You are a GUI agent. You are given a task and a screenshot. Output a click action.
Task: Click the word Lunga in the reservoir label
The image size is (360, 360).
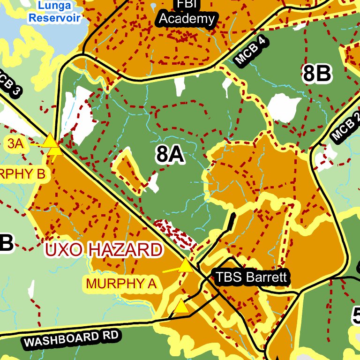(55, 6)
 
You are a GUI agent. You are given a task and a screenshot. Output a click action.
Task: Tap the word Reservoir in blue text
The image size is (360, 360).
(54, 18)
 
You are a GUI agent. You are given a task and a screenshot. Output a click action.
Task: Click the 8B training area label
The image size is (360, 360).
(317, 74)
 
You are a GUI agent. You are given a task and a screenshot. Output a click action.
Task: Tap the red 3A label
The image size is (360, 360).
(15, 143)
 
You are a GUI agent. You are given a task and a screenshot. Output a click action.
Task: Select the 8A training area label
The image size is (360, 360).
(170, 154)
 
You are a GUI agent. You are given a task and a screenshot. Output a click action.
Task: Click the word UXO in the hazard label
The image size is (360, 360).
(64, 250)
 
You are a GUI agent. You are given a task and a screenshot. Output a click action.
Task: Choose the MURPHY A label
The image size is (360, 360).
(121, 283)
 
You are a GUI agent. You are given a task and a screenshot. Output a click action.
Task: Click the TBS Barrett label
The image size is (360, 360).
(251, 277)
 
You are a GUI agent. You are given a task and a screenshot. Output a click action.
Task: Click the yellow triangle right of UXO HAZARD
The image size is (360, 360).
(186, 266)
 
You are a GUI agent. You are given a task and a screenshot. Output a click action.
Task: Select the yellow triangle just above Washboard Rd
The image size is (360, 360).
(181, 307)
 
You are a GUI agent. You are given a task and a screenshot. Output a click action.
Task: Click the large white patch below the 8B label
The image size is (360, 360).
(284, 107)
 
